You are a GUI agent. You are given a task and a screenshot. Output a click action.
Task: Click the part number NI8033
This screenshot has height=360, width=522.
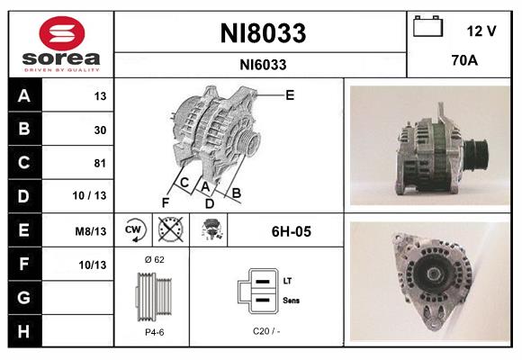click(x=263, y=34)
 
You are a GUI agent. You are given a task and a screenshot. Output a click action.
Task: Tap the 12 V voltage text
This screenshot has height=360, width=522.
click(x=481, y=31)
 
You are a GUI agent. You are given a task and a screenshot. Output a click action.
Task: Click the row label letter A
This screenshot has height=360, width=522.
click(x=22, y=96)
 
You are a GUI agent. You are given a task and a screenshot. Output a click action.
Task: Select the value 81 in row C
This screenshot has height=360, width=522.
click(x=100, y=163)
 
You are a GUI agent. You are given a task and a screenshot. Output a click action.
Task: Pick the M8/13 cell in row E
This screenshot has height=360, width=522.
click(x=92, y=231)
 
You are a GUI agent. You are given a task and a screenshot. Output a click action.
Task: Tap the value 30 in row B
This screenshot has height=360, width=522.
click(x=100, y=130)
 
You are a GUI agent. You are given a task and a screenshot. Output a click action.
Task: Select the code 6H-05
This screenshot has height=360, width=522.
click(x=291, y=231)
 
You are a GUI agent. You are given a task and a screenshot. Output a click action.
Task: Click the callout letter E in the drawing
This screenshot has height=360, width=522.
click(x=290, y=94)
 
